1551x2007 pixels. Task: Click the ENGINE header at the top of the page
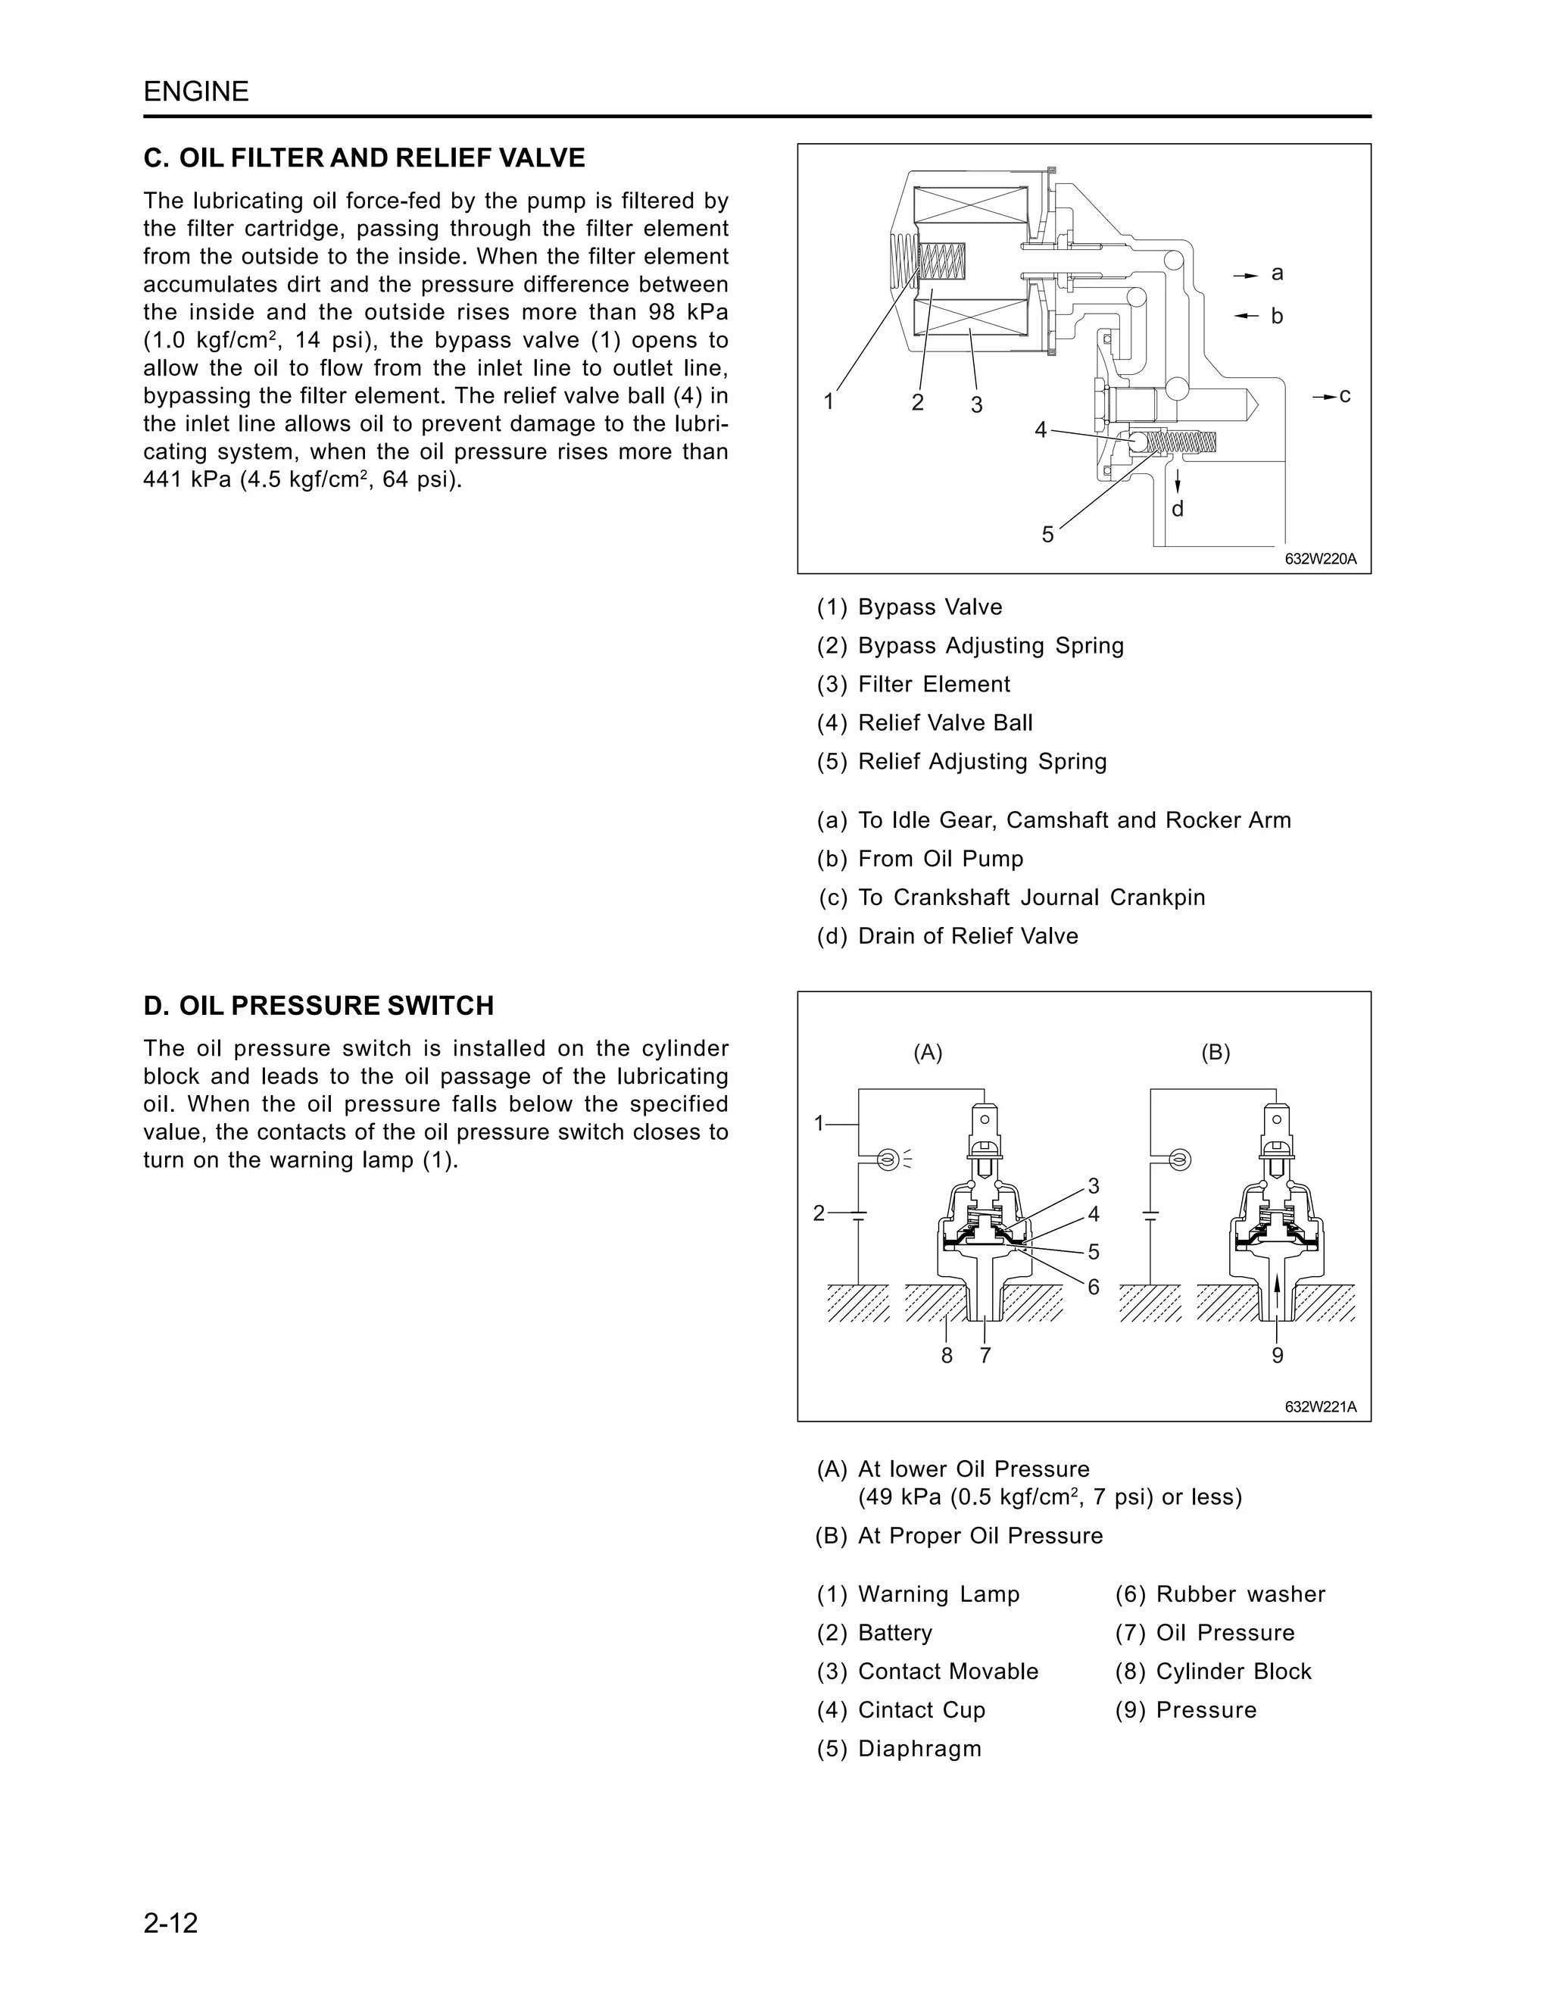195,91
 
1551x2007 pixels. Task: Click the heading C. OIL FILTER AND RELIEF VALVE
364,158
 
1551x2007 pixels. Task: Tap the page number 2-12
171,1922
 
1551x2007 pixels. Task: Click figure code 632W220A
1319,558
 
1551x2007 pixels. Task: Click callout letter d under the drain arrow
1177,509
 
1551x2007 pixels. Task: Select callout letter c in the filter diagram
1344,395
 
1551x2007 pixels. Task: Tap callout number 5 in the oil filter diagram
1047,534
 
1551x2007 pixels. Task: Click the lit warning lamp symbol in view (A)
887,1160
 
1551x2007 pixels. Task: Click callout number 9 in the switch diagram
1277,1356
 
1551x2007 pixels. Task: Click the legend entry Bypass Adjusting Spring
990,645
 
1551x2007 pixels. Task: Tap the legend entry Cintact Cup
921,1709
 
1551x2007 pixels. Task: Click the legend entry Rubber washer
1240,1593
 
